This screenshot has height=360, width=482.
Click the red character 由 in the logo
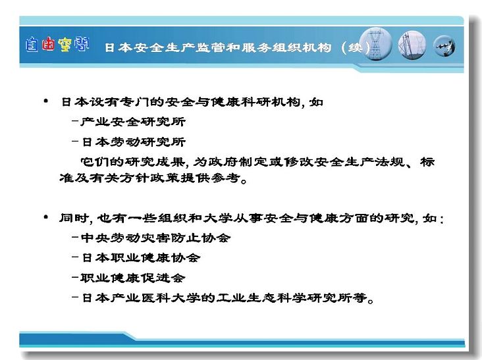point(48,44)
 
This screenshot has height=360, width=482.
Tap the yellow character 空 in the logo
point(65,45)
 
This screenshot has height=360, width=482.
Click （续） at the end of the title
point(356,47)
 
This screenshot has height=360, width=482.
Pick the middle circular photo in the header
point(412,45)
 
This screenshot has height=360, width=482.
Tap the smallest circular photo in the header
point(444,46)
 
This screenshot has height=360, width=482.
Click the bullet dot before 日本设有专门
point(46,101)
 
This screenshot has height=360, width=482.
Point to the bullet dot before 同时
point(46,217)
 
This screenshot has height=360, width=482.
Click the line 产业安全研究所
point(133,122)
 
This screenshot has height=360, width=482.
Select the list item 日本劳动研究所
point(134,142)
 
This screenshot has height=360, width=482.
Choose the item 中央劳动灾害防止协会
point(155,238)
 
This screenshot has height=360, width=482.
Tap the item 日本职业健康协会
point(141,258)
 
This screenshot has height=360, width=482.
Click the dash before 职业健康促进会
point(75,277)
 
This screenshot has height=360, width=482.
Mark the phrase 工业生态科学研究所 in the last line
point(291,297)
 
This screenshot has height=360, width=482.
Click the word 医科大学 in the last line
point(171,297)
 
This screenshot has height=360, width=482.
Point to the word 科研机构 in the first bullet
point(270,101)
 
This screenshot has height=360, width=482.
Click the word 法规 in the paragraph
point(389,162)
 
